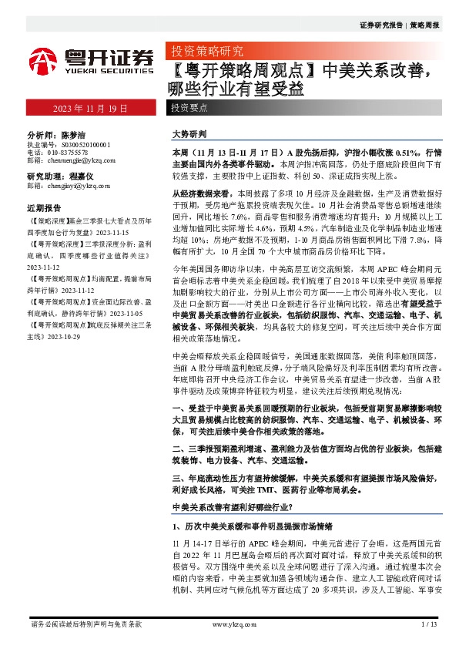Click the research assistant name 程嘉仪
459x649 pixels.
[x=80, y=177]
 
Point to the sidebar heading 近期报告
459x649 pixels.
[x=44, y=208]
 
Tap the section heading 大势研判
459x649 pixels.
[x=189, y=133]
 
